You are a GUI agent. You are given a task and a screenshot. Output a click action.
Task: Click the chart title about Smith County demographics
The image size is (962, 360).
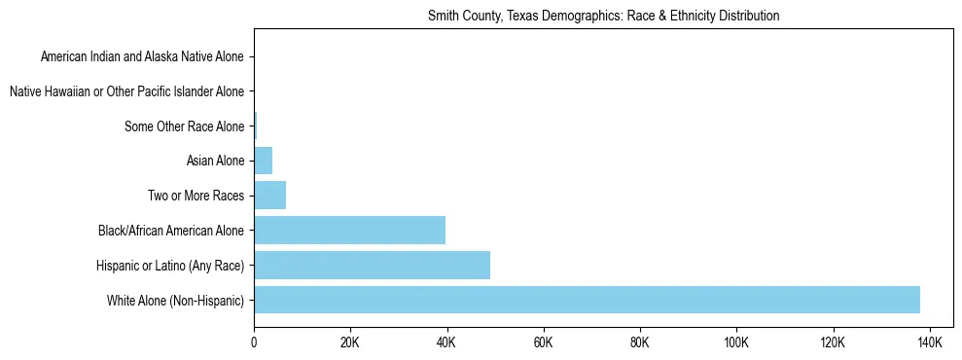(603, 17)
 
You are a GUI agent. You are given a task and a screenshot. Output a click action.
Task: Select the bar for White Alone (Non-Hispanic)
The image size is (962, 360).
(587, 300)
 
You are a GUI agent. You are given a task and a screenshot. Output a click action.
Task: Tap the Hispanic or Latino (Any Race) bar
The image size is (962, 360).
(372, 265)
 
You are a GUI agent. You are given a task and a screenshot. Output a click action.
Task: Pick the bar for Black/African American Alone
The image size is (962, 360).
(349, 231)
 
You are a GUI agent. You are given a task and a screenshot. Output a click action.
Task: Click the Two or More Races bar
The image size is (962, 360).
(269, 196)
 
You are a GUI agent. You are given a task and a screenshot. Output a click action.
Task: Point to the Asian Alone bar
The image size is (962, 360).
(263, 161)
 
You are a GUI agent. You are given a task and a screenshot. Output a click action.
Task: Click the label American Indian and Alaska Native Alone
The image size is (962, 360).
(143, 56)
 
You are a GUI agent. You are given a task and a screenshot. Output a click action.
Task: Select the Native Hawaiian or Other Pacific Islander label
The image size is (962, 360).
(127, 91)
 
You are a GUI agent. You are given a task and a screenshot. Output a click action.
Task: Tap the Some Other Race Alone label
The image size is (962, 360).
(185, 126)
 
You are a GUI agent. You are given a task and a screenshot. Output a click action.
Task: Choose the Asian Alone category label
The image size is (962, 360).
(215, 161)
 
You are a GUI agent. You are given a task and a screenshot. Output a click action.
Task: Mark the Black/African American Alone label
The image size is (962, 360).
(171, 231)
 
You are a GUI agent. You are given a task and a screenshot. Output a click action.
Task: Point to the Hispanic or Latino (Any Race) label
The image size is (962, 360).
(170, 266)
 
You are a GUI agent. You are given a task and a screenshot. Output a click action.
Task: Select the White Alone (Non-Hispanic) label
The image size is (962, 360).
(176, 301)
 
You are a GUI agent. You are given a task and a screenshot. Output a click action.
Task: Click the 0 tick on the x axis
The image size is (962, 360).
(254, 342)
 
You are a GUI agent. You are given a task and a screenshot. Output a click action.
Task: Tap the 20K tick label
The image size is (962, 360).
(350, 342)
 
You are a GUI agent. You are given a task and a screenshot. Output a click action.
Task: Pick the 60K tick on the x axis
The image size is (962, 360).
(543, 342)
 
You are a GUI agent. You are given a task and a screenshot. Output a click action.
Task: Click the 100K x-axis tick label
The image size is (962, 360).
(736, 342)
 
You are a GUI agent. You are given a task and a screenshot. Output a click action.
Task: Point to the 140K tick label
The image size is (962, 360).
(929, 342)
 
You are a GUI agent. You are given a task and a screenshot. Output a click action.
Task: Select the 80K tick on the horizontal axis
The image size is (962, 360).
(639, 342)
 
